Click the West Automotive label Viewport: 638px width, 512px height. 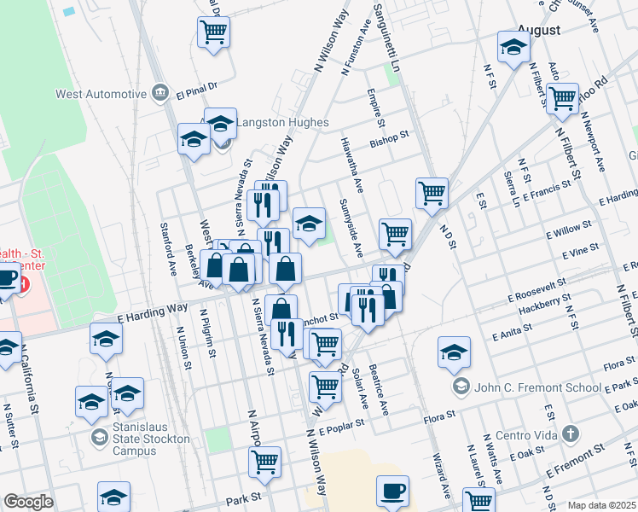click(96, 93)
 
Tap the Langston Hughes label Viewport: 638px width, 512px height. click(281, 123)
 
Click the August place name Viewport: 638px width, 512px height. click(538, 30)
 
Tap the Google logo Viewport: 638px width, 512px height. click(28, 501)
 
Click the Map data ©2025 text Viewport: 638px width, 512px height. click(600, 505)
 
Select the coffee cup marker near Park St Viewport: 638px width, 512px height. click(392, 490)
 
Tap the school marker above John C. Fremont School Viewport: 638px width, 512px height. click(454, 351)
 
